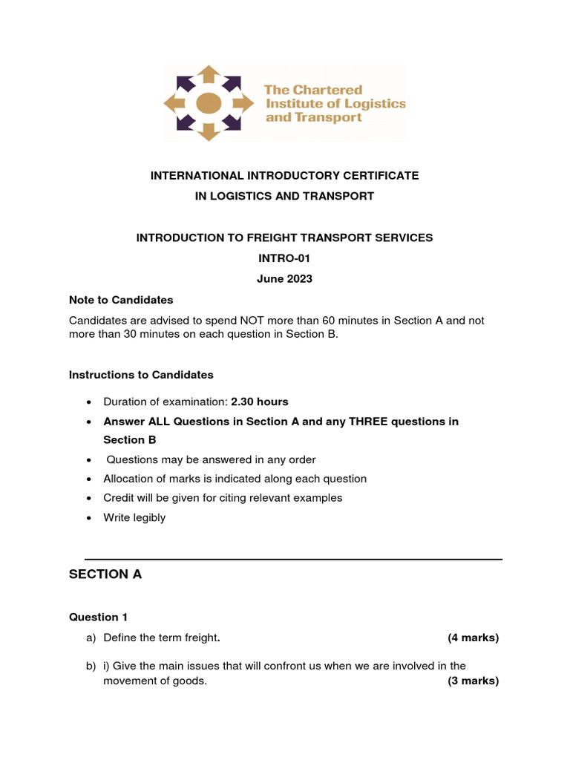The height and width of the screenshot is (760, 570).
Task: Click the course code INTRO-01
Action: click(284, 258)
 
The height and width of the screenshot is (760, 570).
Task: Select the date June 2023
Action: click(284, 279)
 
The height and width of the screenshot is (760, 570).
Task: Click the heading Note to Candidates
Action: click(121, 300)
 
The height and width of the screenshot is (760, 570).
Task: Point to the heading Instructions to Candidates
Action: click(141, 375)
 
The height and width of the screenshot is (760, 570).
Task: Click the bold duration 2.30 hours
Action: click(260, 402)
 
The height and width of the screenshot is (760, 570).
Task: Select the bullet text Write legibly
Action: click(134, 517)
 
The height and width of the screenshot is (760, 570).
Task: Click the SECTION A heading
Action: click(105, 574)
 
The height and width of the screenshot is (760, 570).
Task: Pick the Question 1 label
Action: click(94, 617)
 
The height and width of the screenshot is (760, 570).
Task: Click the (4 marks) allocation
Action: click(473, 638)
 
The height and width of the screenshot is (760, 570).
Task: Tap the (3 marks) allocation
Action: click(473, 681)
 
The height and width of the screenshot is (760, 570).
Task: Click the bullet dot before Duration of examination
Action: click(89, 402)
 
